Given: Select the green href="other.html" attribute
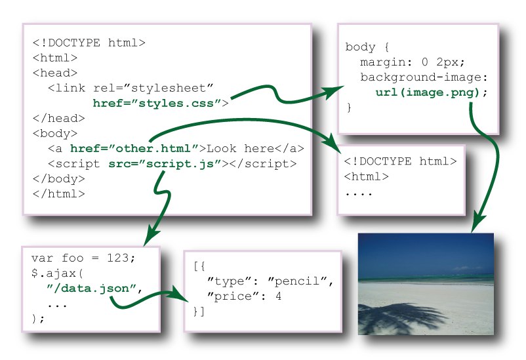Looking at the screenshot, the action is [x=135, y=148].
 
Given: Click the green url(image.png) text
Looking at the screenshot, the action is [x=428, y=92].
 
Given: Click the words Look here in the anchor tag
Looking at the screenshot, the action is [x=241, y=148].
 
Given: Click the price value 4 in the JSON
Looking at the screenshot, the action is [x=279, y=296].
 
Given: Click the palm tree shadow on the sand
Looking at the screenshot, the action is [x=399, y=317].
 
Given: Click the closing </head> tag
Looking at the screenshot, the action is [x=59, y=118].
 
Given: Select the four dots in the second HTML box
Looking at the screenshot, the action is [x=359, y=193].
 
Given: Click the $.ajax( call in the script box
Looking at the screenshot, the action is [x=57, y=273].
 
